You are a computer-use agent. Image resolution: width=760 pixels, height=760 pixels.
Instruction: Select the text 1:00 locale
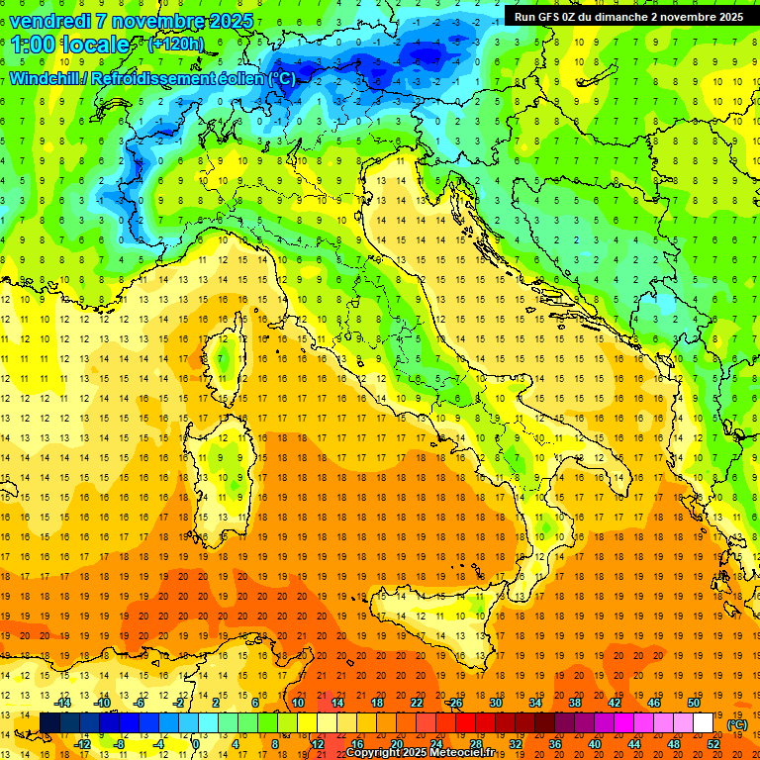[70, 45]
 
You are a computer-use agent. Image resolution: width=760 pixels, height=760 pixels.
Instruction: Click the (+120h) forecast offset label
[175, 45]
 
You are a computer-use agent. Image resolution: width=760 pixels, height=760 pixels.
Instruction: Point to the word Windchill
[46, 78]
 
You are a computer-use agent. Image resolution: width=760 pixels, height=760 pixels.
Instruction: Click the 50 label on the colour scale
[694, 703]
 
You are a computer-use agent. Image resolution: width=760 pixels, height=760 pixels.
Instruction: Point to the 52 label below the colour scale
[713, 743]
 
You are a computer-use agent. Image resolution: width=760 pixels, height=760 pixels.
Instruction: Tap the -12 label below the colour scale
[83, 743]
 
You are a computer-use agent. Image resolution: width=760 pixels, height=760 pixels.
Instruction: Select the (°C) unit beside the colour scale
[737, 724]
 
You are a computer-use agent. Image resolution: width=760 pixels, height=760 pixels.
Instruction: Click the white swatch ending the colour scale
[704, 723]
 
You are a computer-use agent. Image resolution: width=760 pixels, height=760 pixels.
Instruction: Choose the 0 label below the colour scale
[197, 743]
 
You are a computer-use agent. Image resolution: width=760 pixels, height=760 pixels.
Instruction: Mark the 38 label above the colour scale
[575, 703]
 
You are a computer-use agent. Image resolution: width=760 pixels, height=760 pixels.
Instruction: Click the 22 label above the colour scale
[417, 703]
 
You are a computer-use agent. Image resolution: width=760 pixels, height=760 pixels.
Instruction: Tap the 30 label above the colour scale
[496, 703]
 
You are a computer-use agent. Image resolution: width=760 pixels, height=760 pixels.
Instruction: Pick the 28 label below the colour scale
[476, 743]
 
